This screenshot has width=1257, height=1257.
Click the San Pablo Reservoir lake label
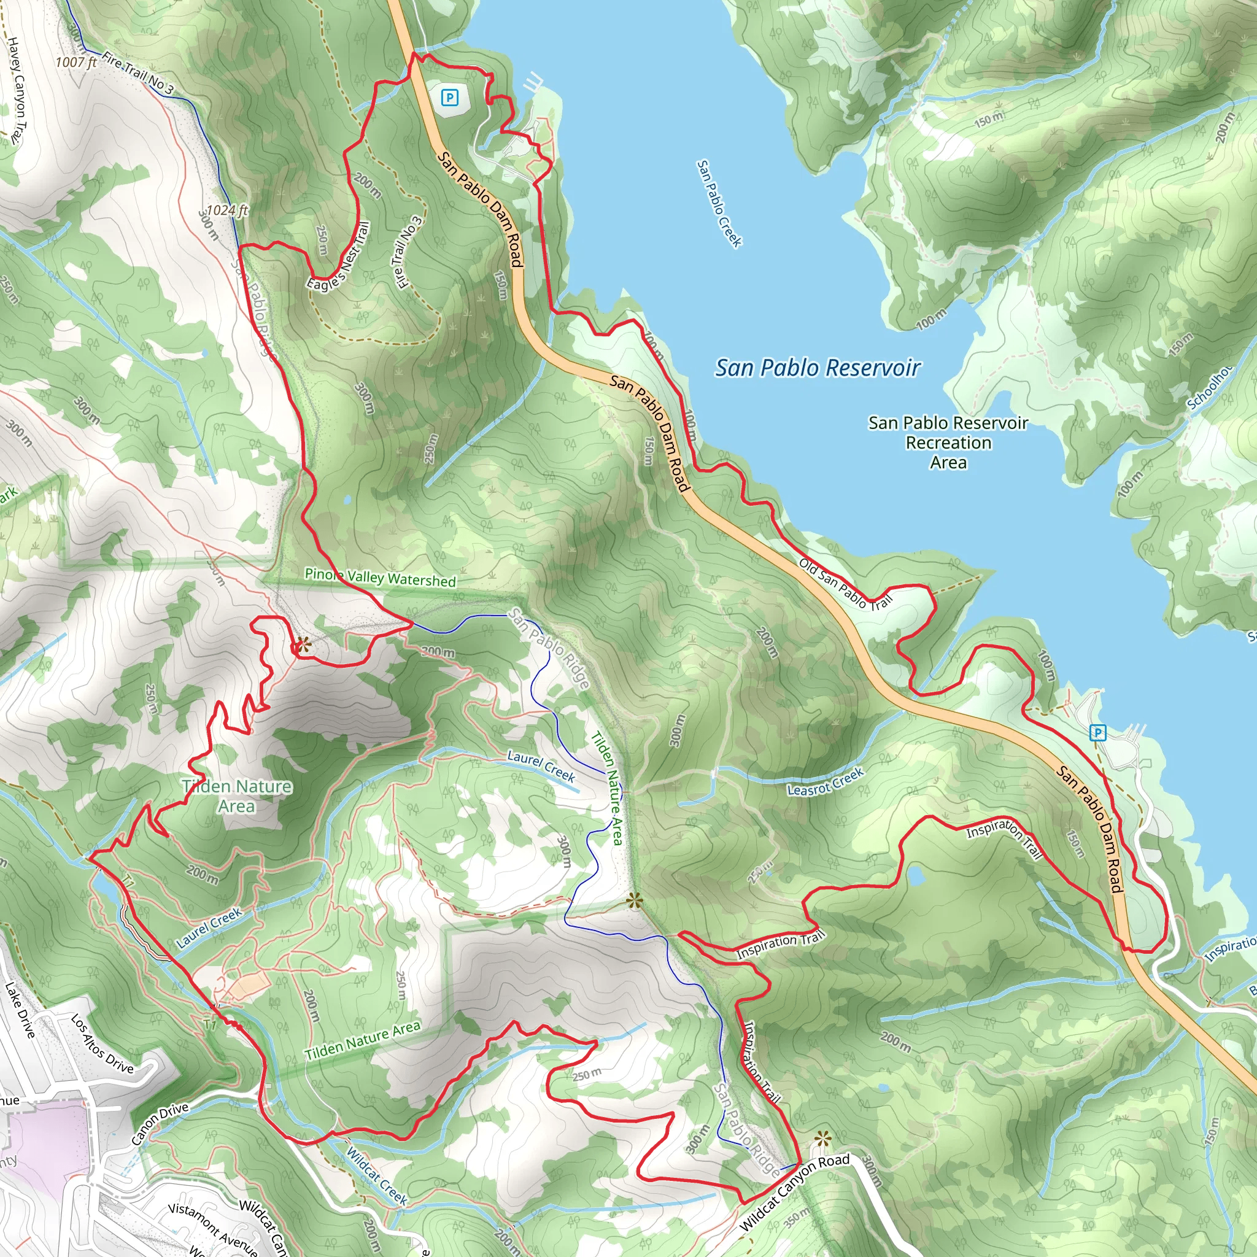817,368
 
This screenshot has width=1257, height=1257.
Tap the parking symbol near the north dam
449,98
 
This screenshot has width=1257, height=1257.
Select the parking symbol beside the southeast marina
1097,733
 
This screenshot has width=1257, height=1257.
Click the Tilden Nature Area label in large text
237,795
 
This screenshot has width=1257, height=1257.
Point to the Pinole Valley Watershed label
380,578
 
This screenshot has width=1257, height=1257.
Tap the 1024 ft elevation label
227,210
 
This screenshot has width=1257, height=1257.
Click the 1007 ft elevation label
76,63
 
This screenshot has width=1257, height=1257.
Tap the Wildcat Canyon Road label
794,1193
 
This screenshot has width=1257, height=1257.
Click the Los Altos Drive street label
101,1043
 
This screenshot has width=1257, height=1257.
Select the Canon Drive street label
160,1124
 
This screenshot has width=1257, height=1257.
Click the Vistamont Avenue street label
212,1227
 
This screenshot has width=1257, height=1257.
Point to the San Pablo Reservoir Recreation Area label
948,443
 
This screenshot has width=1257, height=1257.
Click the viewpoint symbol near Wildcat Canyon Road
822,1139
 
